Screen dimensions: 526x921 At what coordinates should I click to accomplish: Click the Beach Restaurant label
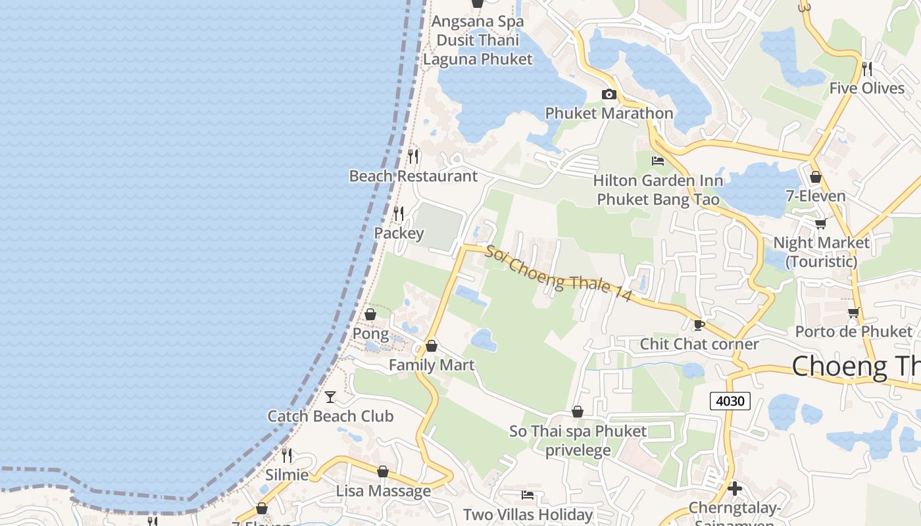(413, 176)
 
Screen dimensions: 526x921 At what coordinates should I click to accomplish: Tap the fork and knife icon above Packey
(398, 214)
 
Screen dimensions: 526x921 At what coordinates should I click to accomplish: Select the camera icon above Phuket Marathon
(609, 94)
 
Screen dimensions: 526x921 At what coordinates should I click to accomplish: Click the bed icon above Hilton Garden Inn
(657, 161)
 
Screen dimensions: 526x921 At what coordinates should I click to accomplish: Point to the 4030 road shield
(730, 400)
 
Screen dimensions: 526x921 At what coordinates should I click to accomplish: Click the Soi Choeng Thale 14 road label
(559, 274)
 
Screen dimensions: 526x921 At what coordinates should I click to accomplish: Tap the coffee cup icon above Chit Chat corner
(699, 325)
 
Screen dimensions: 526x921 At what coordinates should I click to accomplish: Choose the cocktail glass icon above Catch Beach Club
(330, 396)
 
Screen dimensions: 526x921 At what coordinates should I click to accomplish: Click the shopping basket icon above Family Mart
(432, 346)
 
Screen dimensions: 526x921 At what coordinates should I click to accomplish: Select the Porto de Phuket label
(853, 331)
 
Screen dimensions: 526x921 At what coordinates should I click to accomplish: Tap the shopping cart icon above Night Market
(820, 224)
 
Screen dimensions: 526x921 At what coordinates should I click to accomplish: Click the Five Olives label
(867, 88)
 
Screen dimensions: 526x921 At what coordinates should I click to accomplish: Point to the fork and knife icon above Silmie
(287, 455)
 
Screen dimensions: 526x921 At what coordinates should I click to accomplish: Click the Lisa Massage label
(384, 491)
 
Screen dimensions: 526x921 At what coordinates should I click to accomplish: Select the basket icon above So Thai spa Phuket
(578, 412)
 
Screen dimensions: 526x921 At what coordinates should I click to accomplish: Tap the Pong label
(370, 333)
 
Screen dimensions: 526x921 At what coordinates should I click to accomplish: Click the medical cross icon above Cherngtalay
(735, 489)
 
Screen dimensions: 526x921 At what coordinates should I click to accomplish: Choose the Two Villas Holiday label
(528, 514)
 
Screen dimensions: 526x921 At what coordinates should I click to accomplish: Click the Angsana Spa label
(478, 21)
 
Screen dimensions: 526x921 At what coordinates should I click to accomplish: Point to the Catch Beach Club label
(330, 416)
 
